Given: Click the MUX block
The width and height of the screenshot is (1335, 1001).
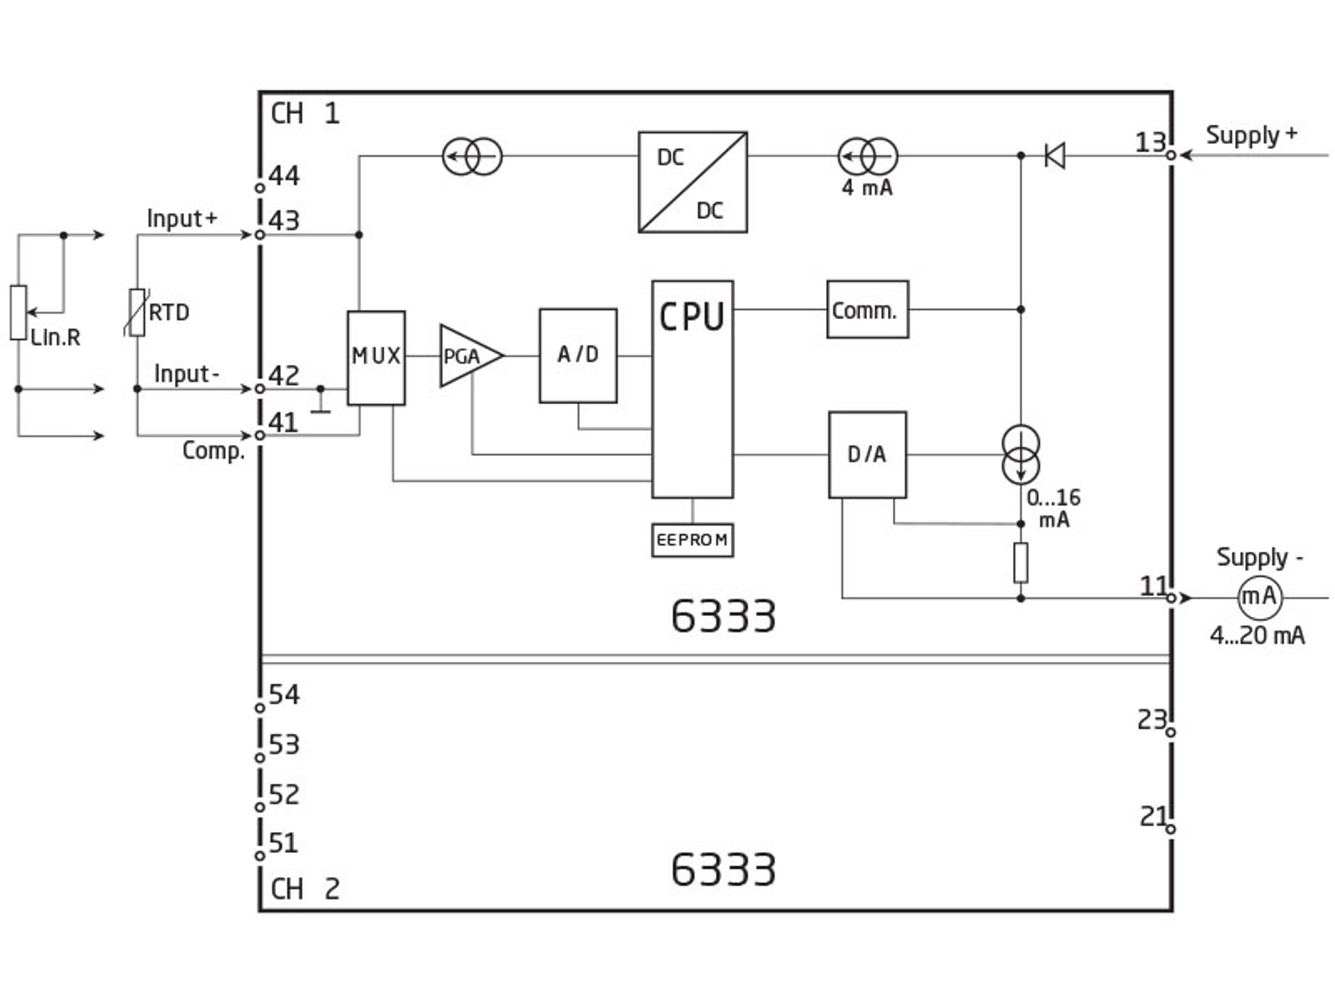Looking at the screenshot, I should click(376, 357).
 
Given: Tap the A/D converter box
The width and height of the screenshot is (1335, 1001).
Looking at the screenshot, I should click(578, 355).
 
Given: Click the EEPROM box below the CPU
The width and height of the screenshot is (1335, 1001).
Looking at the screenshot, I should click(693, 540).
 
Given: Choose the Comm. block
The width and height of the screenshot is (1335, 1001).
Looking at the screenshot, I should click(867, 310).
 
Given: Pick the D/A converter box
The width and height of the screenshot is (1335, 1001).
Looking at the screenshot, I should click(867, 455).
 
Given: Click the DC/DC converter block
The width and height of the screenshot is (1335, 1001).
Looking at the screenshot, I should click(693, 182).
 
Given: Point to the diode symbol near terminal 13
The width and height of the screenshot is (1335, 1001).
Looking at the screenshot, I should click(1055, 156).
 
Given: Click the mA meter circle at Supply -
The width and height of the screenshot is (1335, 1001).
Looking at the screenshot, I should click(1259, 596).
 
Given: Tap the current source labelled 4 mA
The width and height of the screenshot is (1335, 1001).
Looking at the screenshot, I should click(867, 156).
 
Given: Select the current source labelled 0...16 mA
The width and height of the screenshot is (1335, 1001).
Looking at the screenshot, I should click(1021, 455).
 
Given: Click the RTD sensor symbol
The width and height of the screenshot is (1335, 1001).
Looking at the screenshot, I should click(138, 313).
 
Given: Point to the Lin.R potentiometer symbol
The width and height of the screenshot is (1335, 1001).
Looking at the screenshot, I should click(19, 313).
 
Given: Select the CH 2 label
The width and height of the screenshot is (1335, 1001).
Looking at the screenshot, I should click(305, 889).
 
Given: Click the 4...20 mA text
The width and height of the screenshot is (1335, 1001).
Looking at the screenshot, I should click(1257, 636).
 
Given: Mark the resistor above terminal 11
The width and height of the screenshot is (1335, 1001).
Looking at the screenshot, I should click(1021, 562).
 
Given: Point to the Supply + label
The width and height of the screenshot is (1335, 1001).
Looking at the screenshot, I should click(1251, 135).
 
